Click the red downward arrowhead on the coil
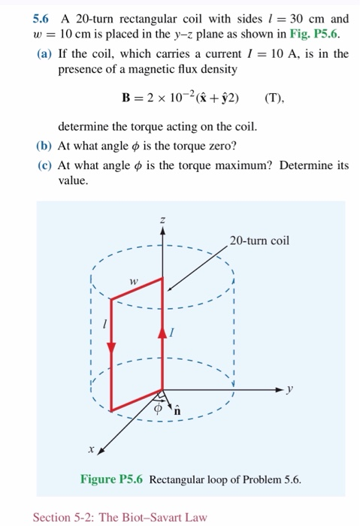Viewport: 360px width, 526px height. tap(112, 348)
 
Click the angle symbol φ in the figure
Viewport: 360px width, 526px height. tap(158, 410)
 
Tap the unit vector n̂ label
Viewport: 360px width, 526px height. tap(177, 410)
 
